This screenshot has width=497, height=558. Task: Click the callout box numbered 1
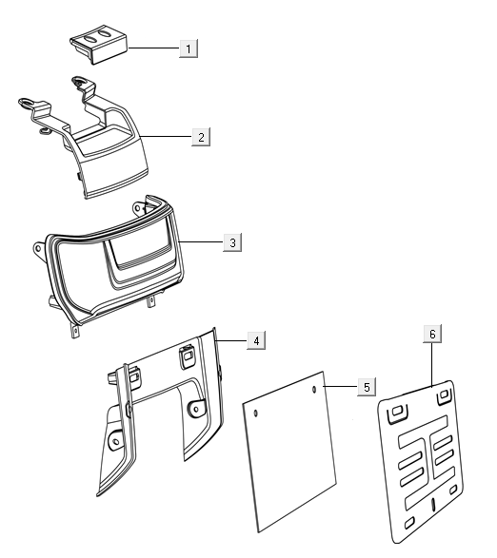[189, 48]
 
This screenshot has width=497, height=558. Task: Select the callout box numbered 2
[201, 137]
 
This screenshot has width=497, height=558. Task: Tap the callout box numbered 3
[232, 242]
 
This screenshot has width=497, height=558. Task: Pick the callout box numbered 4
[256, 340]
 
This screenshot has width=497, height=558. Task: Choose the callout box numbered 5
[367, 387]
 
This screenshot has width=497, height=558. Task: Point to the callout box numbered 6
[432, 334]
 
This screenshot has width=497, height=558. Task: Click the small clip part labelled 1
[99, 44]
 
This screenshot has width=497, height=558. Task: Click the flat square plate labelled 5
[289, 452]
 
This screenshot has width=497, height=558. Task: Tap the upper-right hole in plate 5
[314, 390]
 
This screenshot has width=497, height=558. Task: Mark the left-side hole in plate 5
[255, 414]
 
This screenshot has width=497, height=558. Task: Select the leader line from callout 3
[201, 242]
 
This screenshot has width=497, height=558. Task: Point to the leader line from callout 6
[431, 365]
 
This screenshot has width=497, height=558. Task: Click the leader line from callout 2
[166, 136]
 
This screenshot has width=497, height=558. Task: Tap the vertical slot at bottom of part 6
[433, 504]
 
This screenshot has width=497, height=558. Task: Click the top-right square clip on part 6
[445, 395]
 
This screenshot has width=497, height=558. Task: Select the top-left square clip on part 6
[398, 414]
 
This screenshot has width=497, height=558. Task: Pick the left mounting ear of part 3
[38, 248]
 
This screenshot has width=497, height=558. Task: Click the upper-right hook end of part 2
[79, 82]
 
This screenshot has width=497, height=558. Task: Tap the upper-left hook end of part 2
[27, 103]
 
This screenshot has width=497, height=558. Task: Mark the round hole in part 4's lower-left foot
[116, 442]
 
